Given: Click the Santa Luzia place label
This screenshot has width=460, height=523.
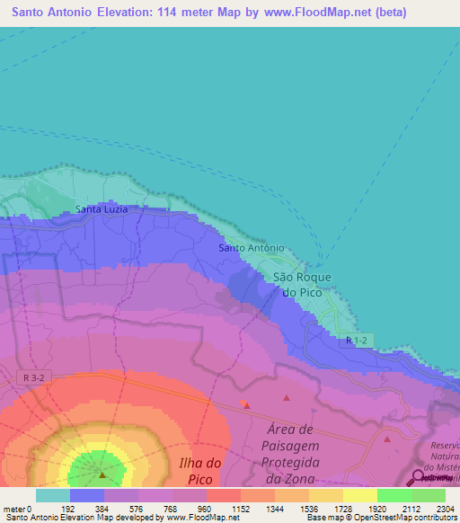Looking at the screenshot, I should (x=101, y=209).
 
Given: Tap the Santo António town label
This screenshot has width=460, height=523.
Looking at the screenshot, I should (x=252, y=248).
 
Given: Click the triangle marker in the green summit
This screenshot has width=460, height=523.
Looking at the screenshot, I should (x=102, y=474).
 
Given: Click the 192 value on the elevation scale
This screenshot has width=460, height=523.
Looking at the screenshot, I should (x=69, y=508).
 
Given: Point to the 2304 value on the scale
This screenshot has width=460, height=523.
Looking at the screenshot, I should (x=446, y=508).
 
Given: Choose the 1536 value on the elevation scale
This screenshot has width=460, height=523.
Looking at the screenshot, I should (x=309, y=508).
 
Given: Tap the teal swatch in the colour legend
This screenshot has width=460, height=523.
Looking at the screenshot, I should (x=53, y=495).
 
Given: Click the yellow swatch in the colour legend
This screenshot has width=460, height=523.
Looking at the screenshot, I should (x=359, y=495).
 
